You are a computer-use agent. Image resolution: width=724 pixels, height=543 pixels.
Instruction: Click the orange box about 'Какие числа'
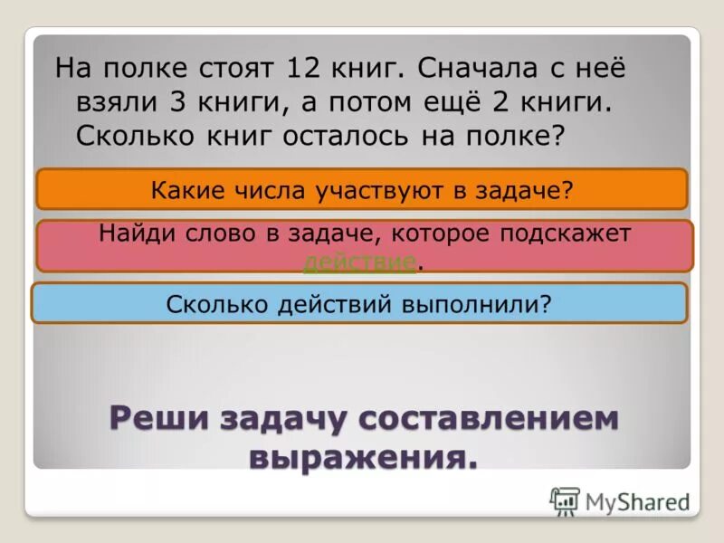[x=361, y=189]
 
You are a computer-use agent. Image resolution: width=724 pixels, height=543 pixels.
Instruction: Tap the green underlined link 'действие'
[x=360, y=262]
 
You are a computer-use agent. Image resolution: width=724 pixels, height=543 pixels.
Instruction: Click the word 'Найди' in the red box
[x=136, y=233]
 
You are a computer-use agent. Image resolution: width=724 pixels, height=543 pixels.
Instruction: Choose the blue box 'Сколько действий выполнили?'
[x=359, y=303]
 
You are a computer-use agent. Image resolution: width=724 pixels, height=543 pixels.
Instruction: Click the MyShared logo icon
[x=565, y=500]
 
